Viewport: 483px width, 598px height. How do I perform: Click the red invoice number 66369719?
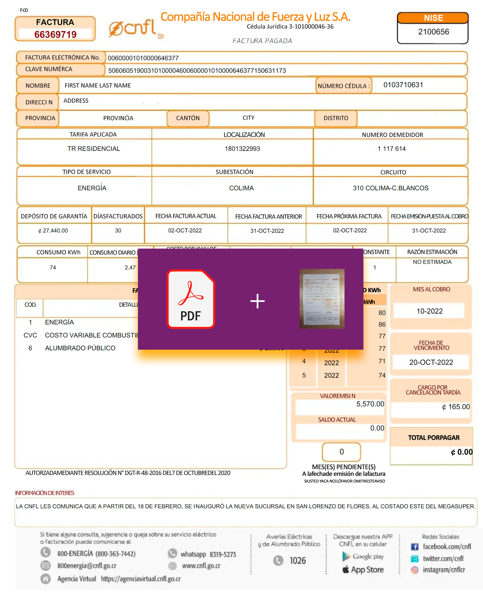[x=55, y=35]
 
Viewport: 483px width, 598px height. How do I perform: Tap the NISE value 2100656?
[x=433, y=32]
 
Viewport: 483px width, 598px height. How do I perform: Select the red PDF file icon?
[x=191, y=299]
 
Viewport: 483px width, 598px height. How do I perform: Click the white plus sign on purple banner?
[x=257, y=301]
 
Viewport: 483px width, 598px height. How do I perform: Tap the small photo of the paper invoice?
[x=322, y=299]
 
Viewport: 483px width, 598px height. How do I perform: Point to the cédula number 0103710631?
[x=403, y=85]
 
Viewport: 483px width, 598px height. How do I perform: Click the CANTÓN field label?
[x=188, y=118]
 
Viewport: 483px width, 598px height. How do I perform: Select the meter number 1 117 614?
[x=391, y=149]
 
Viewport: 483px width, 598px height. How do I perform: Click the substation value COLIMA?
[x=241, y=188]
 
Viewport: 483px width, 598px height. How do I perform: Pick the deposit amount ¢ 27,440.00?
[x=53, y=231]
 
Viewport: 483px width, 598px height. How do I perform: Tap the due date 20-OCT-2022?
[x=431, y=362]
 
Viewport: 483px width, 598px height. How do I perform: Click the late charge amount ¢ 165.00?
[x=456, y=407]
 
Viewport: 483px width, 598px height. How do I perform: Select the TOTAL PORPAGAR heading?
[x=433, y=438]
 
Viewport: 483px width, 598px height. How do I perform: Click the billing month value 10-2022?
[x=429, y=311]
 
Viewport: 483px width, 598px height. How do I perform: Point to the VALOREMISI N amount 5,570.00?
[x=370, y=404]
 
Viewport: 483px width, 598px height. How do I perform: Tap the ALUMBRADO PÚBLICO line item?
[x=80, y=348]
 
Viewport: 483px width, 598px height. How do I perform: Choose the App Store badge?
[x=363, y=570]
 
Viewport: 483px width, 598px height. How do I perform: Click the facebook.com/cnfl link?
[x=447, y=547]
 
